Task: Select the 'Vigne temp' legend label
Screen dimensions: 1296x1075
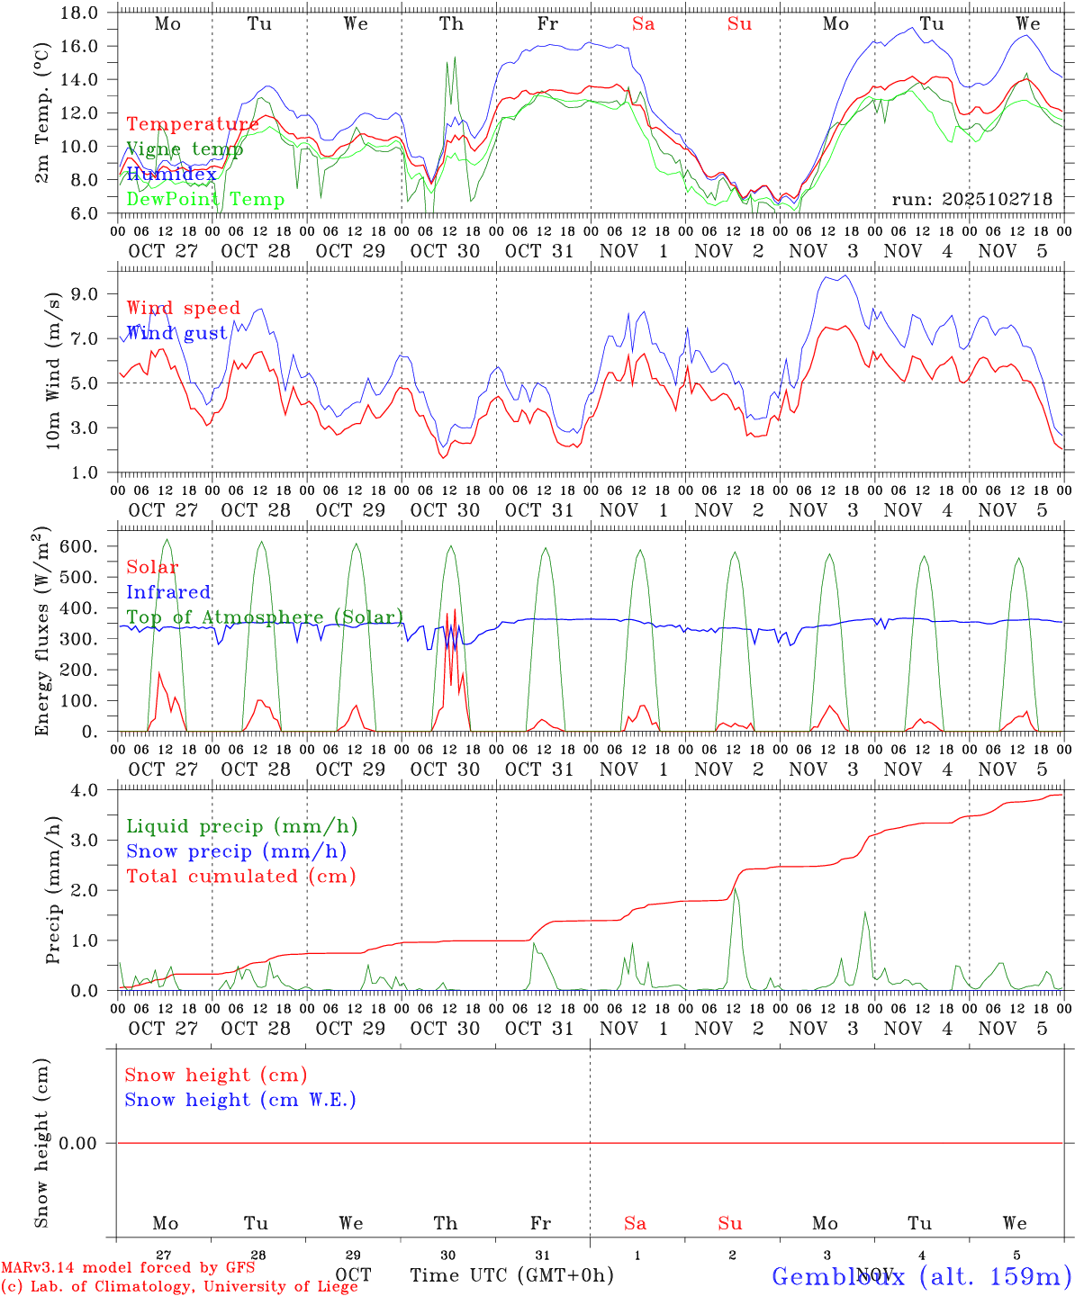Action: click(x=185, y=149)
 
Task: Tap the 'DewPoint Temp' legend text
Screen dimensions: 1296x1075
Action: click(x=205, y=200)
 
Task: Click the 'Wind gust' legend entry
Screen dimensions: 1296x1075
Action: click(x=176, y=333)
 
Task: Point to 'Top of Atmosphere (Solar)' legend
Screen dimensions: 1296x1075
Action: click(x=264, y=617)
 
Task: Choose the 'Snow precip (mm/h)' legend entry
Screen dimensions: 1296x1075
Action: click(x=236, y=851)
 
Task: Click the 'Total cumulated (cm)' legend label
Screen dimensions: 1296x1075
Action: click(x=240, y=877)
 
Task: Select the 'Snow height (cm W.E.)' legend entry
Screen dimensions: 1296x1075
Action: click(x=240, y=1100)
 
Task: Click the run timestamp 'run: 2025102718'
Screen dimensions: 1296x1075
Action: click(x=971, y=200)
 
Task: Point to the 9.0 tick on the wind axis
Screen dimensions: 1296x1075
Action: click(x=90, y=294)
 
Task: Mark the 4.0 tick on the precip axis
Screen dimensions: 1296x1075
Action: click(x=90, y=790)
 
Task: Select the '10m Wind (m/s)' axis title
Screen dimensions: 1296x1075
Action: click(x=53, y=370)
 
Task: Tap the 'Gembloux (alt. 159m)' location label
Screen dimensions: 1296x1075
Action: click(x=921, y=1276)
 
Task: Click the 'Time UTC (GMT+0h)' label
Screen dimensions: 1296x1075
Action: click(x=511, y=1275)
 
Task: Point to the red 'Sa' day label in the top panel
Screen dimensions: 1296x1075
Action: click(x=643, y=24)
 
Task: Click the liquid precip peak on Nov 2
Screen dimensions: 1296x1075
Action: click(x=735, y=889)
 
